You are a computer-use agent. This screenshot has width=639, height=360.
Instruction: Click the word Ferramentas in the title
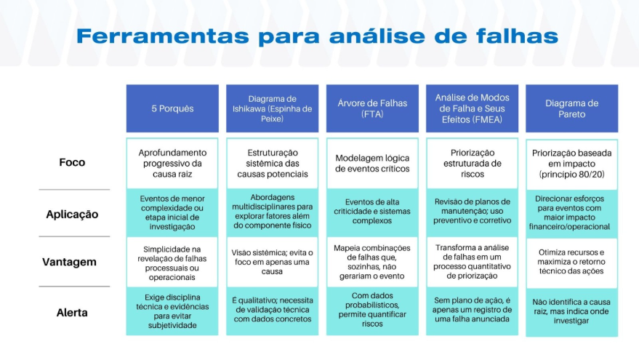[x=163, y=36]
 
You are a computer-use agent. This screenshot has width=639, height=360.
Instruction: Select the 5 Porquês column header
[x=172, y=108]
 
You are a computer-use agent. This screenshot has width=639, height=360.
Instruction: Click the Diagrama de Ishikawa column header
[x=272, y=108]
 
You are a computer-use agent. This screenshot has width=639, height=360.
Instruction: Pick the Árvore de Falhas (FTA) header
[x=372, y=108]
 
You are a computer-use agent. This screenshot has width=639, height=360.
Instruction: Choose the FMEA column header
[x=472, y=108]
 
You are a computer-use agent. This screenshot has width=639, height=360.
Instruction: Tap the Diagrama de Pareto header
[x=572, y=108]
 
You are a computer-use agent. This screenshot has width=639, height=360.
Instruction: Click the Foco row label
[x=72, y=162]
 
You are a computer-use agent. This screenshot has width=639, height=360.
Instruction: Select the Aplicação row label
[x=72, y=214]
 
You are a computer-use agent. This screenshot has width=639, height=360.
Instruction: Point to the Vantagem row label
[x=69, y=262]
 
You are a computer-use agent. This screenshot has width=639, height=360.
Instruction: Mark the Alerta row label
[x=72, y=313]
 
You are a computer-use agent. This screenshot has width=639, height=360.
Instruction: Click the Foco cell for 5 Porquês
[x=172, y=164]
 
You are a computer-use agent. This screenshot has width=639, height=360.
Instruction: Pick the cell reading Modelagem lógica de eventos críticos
[x=372, y=164]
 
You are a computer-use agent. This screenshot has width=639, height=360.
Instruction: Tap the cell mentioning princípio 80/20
[x=572, y=164]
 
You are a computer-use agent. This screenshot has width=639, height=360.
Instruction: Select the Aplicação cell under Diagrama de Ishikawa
[x=272, y=212]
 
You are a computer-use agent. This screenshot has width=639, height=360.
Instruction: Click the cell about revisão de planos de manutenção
[x=472, y=212]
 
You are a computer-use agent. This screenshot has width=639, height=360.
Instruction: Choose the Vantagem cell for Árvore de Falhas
[x=372, y=262]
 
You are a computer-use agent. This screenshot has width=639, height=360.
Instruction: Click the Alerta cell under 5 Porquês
[x=172, y=311]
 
